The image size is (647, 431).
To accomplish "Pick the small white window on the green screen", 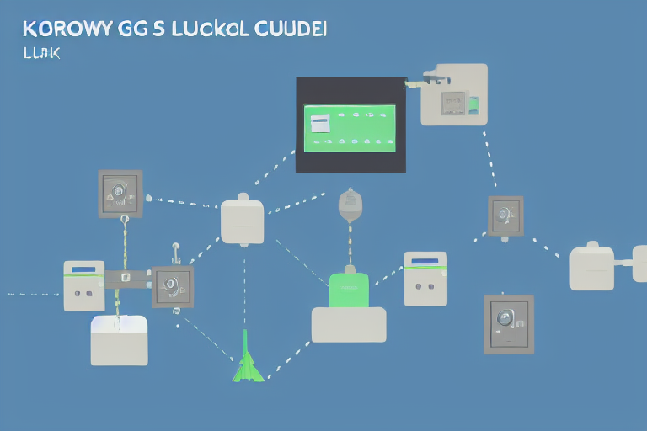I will coord(319,125).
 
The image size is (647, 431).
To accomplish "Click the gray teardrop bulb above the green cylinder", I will coord(350,204).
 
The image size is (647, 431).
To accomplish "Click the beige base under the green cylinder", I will coord(349,324).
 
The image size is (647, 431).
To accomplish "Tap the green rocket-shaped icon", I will coord(247,362).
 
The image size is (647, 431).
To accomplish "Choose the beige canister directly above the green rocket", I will coord(243,221).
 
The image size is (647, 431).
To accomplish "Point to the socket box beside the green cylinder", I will coord(425,278).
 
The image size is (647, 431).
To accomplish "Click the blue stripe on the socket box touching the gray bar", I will coord(84,269).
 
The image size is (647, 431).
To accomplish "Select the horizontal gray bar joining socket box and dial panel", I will coord(126,276).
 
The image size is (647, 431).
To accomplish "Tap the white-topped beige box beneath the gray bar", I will coord(119,339).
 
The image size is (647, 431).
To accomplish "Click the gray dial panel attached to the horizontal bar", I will coord(173,286).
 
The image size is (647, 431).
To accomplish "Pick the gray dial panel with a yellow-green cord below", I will coord(120,194).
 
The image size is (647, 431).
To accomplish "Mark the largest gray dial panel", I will coord(508,322).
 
